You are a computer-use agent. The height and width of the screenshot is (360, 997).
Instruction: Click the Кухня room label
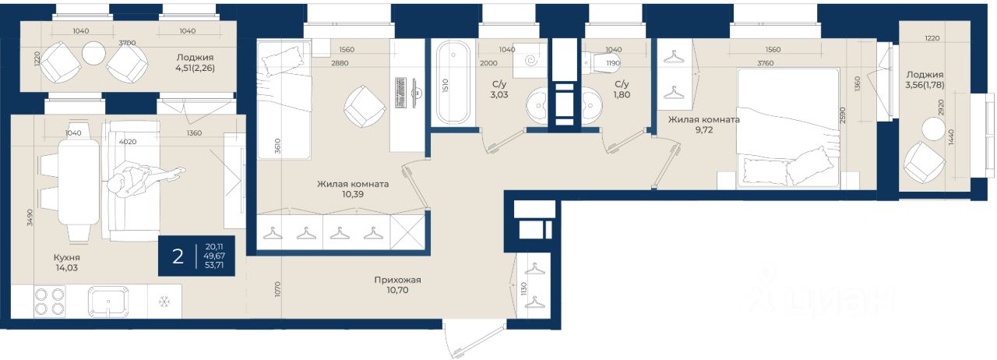[67, 257]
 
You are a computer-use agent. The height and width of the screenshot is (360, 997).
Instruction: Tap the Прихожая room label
[397, 281]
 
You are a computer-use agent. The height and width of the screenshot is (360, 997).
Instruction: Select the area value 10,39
[353, 194]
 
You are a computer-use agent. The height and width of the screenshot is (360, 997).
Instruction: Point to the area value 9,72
[703, 129]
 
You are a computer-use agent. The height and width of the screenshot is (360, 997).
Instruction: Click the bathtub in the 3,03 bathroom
[453, 83]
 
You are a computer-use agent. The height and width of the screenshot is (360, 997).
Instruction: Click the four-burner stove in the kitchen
[49, 302]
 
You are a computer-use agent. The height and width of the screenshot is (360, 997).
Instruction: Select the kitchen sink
[108, 302]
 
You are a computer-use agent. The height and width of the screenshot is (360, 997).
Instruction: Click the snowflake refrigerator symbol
[164, 302]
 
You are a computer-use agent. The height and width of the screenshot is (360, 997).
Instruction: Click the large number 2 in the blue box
[178, 257]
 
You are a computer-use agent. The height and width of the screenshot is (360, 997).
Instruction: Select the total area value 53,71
[214, 265]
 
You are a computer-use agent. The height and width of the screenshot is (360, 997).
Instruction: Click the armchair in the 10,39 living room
[365, 107]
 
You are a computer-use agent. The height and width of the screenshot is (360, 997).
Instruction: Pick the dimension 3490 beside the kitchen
[30, 218]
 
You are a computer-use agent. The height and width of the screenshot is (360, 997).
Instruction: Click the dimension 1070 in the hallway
[278, 289]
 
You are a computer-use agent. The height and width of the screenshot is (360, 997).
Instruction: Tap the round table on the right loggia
[933, 129]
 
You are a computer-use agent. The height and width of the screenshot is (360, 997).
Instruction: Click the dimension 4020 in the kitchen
[129, 142]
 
